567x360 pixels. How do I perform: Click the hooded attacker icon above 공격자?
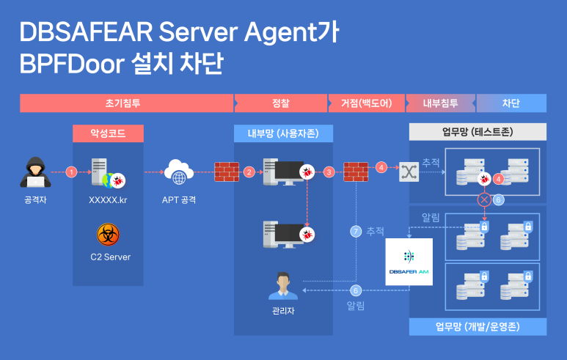click(x=34, y=172)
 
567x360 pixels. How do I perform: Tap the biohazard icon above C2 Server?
click(x=109, y=235)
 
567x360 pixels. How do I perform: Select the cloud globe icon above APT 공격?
click(x=179, y=172)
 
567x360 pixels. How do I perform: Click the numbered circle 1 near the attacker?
click(x=71, y=172)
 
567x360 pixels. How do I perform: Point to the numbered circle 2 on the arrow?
click(x=249, y=172)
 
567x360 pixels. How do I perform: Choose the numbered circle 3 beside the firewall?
click(x=329, y=172)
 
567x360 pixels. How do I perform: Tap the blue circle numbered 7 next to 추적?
click(x=356, y=232)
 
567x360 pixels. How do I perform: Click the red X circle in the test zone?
click(x=484, y=199)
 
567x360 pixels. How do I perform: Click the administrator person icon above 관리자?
click(x=282, y=285)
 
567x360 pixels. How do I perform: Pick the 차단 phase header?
click(x=512, y=103)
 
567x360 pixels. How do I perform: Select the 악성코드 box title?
click(x=108, y=133)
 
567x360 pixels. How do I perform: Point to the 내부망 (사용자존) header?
click(x=284, y=133)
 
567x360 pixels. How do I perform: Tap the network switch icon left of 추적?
click(x=408, y=172)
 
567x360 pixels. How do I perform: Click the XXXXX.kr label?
click(x=108, y=199)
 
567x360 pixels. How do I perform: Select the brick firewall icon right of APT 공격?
click(x=227, y=172)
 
